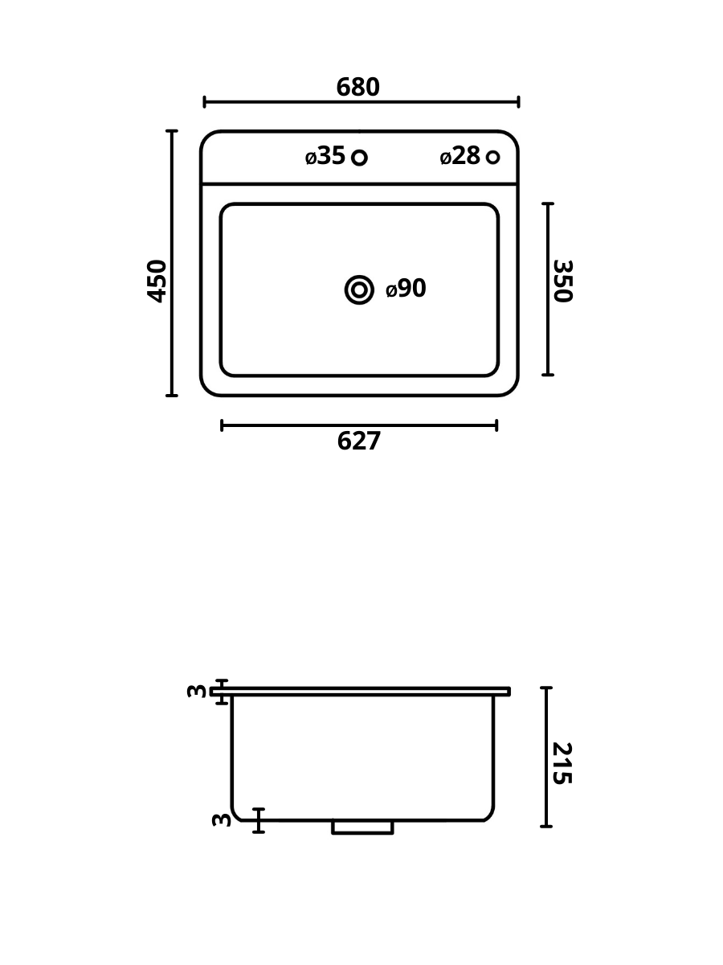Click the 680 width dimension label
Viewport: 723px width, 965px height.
tap(357, 87)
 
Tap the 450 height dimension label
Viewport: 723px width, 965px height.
tap(157, 281)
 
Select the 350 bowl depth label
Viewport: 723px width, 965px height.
tap(563, 281)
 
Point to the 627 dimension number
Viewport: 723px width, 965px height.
tap(358, 441)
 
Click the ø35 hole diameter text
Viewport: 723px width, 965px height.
tap(325, 156)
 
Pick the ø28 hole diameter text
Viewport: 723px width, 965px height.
tap(460, 156)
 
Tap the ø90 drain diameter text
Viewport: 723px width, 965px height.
tap(406, 289)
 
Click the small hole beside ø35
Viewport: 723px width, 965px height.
tap(359, 158)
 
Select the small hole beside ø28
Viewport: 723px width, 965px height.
tap(493, 157)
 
